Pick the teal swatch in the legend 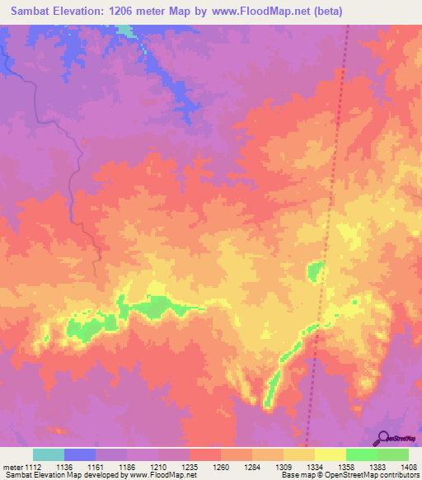(x=49, y=454)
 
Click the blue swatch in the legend (x=80, y=454)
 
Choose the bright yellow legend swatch (x=330, y=454)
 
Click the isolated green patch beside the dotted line (x=315, y=270)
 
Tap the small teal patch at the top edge (x=124, y=30)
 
